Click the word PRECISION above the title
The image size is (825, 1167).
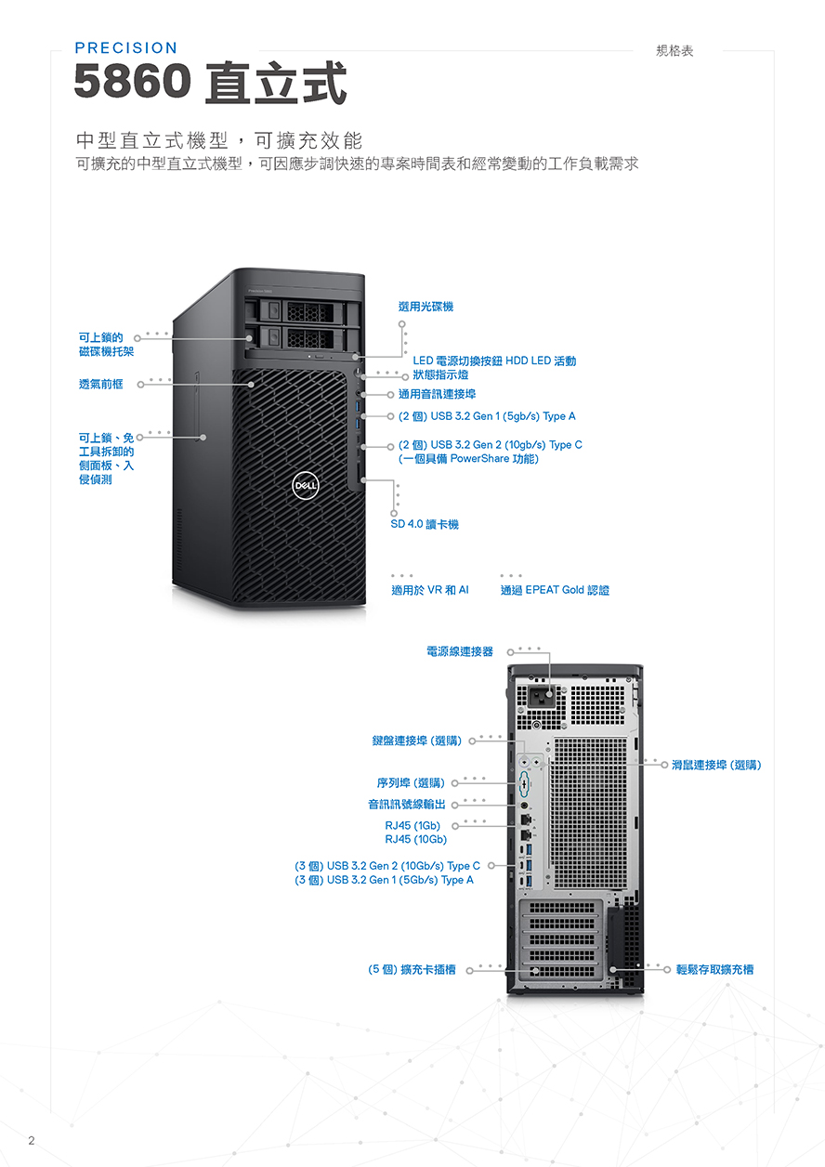pyautogui.click(x=126, y=48)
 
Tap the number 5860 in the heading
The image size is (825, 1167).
pyautogui.click(x=132, y=81)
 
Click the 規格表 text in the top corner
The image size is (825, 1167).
pyautogui.click(x=674, y=50)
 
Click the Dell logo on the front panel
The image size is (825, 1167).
pyautogui.click(x=306, y=486)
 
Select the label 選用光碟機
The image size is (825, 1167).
pyautogui.click(x=426, y=307)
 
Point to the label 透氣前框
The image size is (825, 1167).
pyautogui.click(x=100, y=384)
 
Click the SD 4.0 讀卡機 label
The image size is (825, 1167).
pyautogui.click(x=425, y=524)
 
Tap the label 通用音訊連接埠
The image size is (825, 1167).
pyautogui.click(x=437, y=394)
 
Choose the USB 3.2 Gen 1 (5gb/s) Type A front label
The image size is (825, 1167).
pyautogui.click(x=487, y=416)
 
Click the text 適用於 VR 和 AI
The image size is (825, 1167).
pyautogui.click(x=430, y=590)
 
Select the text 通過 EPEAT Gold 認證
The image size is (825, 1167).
pyautogui.click(x=555, y=590)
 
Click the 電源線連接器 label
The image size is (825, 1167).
pyautogui.click(x=459, y=651)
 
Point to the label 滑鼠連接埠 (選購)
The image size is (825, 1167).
pyautogui.click(x=716, y=765)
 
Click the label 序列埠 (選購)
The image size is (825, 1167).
pyautogui.click(x=411, y=782)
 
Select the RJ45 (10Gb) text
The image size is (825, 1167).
pyautogui.click(x=415, y=839)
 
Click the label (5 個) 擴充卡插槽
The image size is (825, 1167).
pyautogui.click(x=412, y=969)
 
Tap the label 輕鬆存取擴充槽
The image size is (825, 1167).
pyautogui.click(x=714, y=969)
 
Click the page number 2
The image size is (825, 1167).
pyautogui.click(x=32, y=1140)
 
